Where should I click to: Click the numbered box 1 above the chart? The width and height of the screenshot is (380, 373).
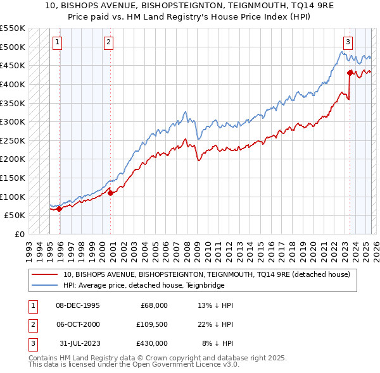(x=57, y=42)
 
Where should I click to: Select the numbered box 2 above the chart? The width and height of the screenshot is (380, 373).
(x=108, y=42)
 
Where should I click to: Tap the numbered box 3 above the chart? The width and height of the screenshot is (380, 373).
(x=348, y=42)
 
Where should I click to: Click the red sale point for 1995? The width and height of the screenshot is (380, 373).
(x=60, y=209)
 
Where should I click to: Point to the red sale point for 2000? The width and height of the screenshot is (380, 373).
(x=111, y=193)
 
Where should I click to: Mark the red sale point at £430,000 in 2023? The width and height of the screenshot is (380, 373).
(x=350, y=73)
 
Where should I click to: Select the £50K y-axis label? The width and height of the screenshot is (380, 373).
(x=15, y=215)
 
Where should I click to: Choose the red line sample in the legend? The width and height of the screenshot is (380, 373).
(x=46, y=274)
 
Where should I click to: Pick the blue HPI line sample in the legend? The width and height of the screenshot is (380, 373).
(x=46, y=285)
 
